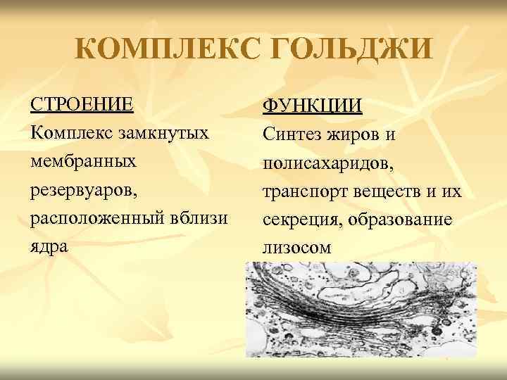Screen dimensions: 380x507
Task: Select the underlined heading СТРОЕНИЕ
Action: [81, 104]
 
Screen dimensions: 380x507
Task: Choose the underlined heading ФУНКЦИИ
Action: [312, 106]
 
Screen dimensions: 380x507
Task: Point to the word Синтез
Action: [289, 134]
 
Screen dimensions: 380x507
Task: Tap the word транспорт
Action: [301, 192]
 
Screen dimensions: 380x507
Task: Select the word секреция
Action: [296, 221]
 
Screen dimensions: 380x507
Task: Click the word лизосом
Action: [296, 249]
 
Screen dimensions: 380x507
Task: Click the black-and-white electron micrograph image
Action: [360, 309]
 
